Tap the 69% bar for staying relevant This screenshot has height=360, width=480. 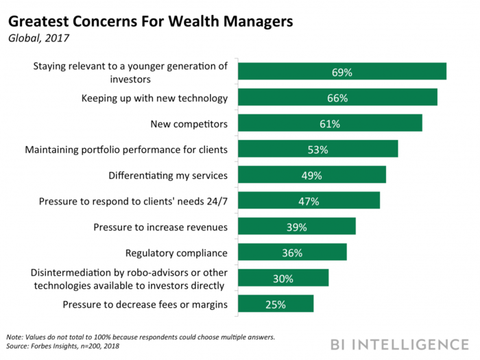pyautogui.click(x=342, y=71)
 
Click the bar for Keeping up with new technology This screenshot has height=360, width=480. pyautogui.click(x=337, y=97)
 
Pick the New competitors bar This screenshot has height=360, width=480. pyautogui.click(x=330, y=123)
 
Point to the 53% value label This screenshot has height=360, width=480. pyautogui.click(x=317, y=149)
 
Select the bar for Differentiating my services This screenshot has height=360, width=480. pyautogui.click(x=312, y=175)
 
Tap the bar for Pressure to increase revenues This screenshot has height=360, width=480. pyautogui.click(x=297, y=226)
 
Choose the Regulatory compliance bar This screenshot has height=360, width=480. pyautogui.click(x=292, y=252)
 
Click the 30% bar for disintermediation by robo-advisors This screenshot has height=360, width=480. pyautogui.click(x=283, y=278)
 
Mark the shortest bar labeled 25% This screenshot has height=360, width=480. pyautogui.click(x=276, y=304)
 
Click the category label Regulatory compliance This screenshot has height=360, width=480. pyautogui.click(x=176, y=252)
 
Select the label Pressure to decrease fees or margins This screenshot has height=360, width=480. pyautogui.click(x=145, y=304)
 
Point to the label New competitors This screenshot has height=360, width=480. pyautogui.click(x=189, y=123)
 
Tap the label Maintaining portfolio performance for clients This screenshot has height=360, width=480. pyautogui.click(x=126, y=149)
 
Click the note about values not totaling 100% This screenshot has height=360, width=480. pyautogui.click(x=141, y=337)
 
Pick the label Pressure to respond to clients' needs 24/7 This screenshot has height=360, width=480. pyautogui.click(x=133, y=201)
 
